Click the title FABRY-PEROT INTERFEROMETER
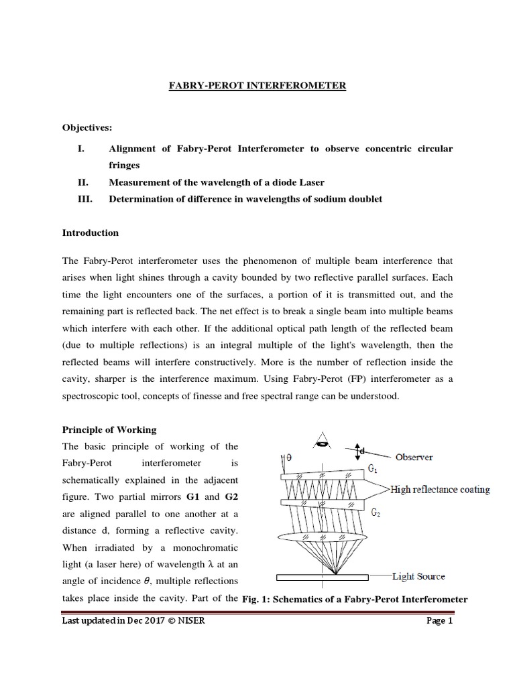tap(257, 86)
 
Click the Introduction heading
tap(91, 232)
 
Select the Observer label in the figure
tap(414, 457)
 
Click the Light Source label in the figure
tap(418, 576)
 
